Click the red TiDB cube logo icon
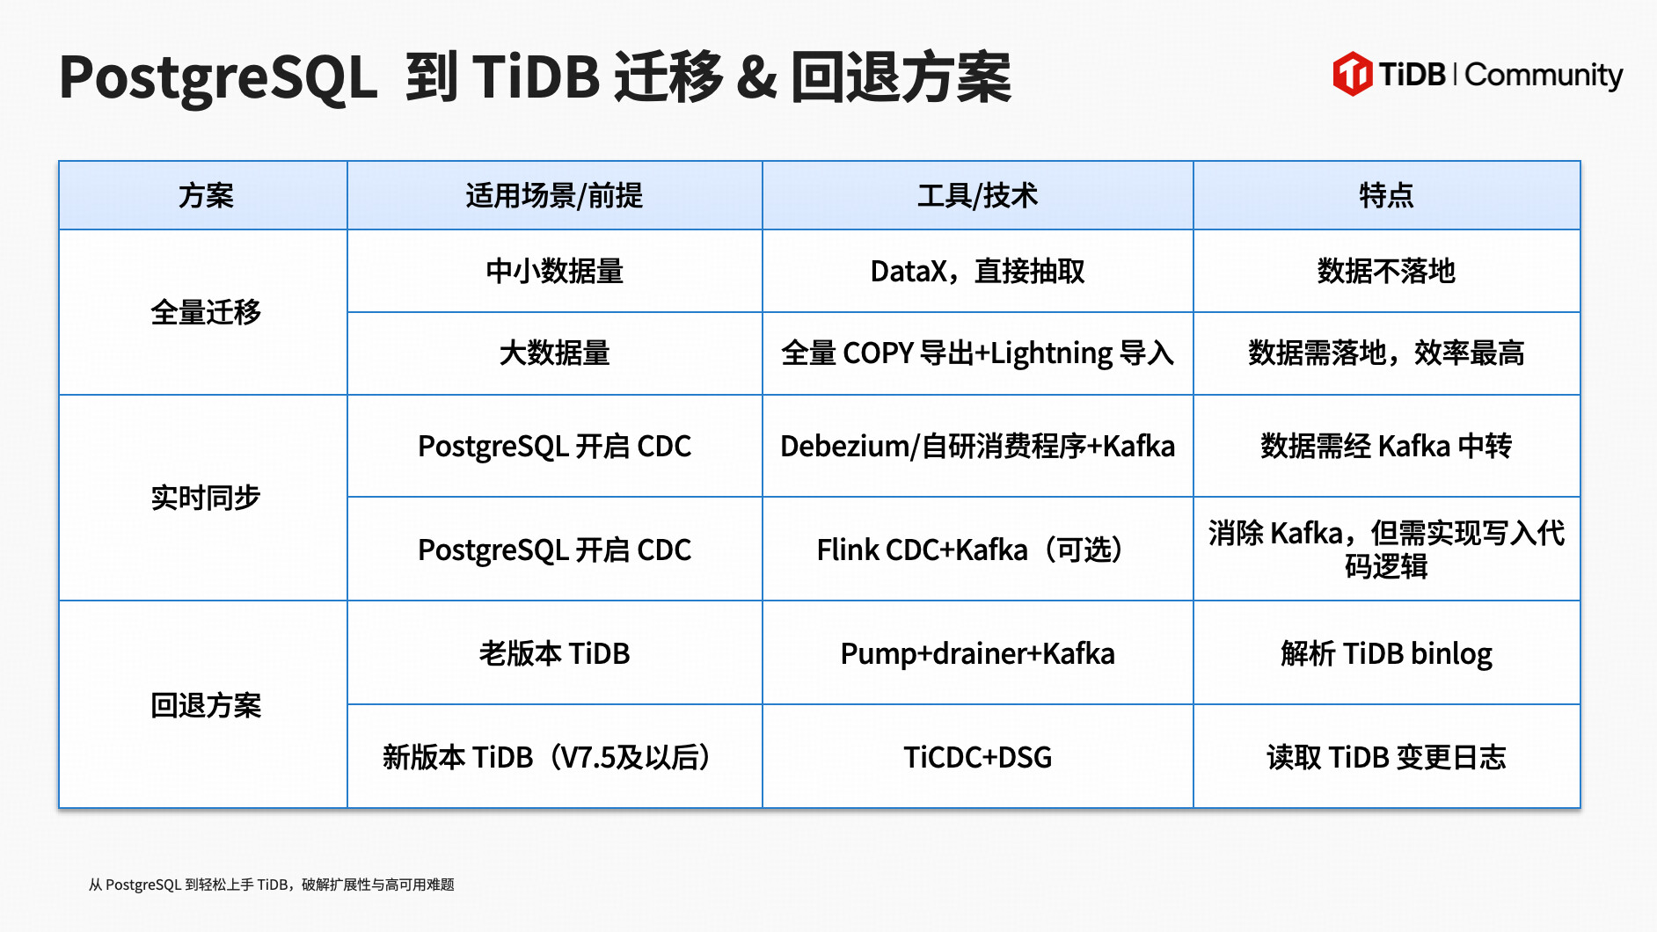(1352, 74)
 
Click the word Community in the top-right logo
(1544, 76)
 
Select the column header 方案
(206, 195)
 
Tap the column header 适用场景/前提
(554, 195)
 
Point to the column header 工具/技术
(977, 195)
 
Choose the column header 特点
(1386, 195)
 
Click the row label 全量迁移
(206, 312)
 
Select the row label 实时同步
(206, 498)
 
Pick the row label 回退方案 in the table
(206, 705)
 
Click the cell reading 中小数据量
(554, 271)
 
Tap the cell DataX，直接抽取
(977, 271)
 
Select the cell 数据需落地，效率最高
(1386, 353)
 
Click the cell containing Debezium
(977, 446)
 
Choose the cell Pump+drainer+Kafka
(977, 653)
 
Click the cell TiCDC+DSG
(977, 757)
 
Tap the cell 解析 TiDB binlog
(1386, 653)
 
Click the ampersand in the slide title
(756, 77)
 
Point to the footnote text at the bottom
(271, 885)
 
